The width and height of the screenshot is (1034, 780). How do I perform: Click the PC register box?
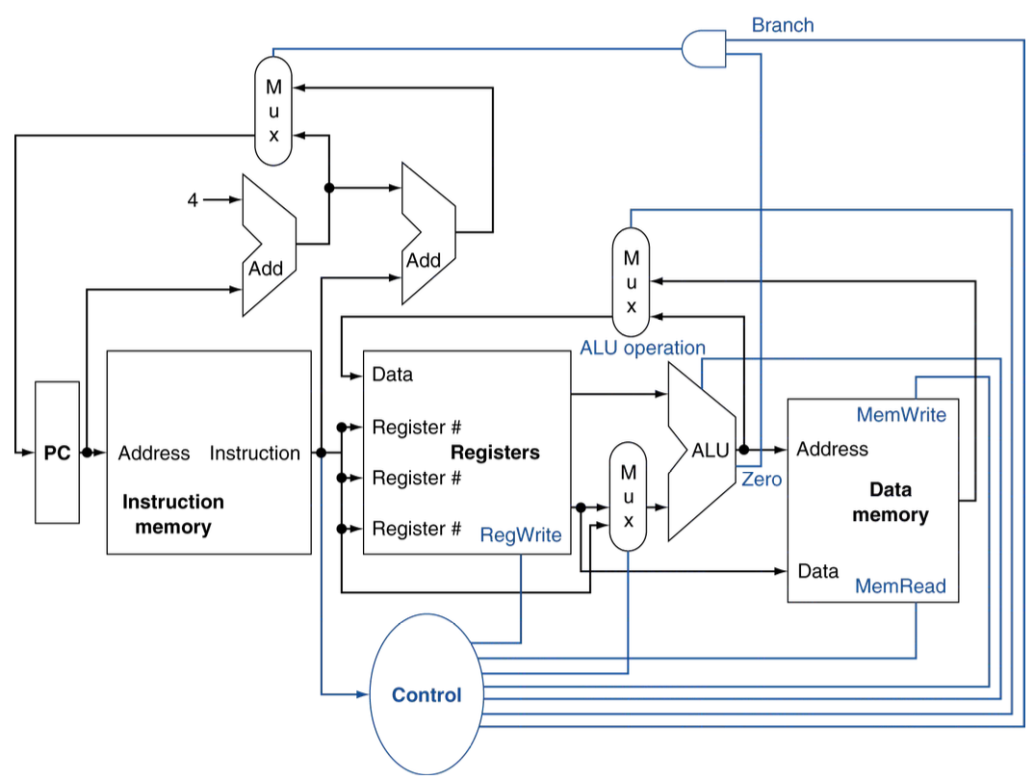[58, 453]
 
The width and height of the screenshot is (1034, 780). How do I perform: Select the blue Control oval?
[427, 694]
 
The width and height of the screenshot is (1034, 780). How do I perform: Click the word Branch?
[782, 25]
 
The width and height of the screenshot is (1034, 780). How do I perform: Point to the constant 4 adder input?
[193, 200]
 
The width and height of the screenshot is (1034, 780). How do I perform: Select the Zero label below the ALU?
[762, 479]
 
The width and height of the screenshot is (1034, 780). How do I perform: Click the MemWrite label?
[901, 415]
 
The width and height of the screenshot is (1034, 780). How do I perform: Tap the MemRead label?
[900, 585]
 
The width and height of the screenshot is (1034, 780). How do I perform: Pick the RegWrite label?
[520, 535]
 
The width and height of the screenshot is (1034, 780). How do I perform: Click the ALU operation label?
[642, 348]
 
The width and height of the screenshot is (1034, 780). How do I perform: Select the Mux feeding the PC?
[273, 108]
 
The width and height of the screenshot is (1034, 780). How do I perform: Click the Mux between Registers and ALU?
[628, 497]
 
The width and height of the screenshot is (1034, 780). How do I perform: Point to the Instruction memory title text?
[173, 514]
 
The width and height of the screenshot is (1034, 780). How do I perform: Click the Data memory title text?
[890, 502]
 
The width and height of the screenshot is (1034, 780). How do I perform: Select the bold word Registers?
[495, 453]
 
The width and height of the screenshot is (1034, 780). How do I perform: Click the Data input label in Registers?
[392, 375]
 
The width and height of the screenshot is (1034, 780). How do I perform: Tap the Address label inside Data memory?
[832, 449]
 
